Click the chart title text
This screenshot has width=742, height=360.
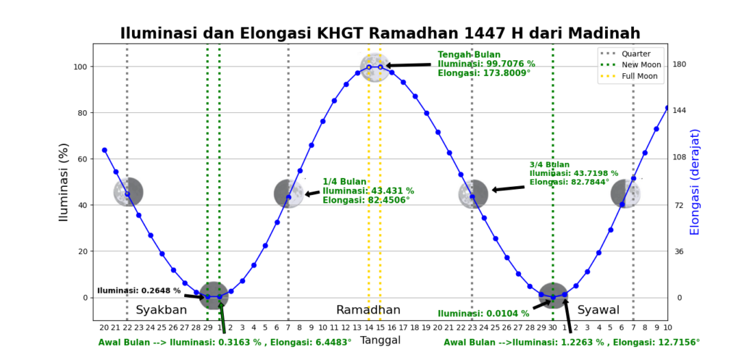point(380,33)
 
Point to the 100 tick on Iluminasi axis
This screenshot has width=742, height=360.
point(80,67)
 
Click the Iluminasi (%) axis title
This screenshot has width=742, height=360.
point(63,181)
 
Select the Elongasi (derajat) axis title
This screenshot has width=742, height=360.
point(696,181)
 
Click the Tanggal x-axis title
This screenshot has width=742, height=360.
point(380,340)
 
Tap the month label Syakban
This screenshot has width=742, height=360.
point(161,310)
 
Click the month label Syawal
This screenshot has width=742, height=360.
point(598,310)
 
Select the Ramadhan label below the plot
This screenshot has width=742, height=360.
point(368,310)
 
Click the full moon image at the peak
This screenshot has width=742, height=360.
point(375,67)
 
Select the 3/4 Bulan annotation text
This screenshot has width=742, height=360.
point(573,173)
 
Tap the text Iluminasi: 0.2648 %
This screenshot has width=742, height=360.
point(138,290)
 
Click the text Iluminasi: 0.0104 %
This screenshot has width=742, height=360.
point(479,314)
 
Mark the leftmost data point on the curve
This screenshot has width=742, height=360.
point(104,150)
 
